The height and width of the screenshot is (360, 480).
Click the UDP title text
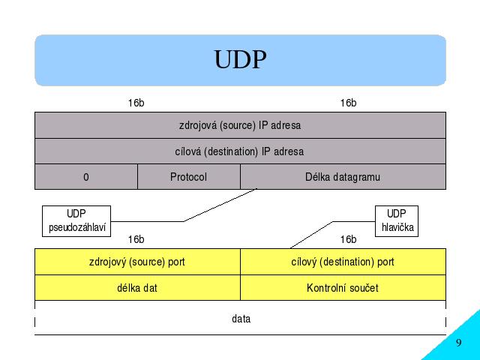click(x=240, y=59)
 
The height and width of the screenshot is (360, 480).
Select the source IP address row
click(x=240, y=125)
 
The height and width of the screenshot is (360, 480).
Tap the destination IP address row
click(x=240, y=151)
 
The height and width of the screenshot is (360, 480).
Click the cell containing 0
click(x=86, y=177)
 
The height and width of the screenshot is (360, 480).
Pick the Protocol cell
click(x=189, y=177)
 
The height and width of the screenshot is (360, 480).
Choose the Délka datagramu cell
click(x=343, y=177)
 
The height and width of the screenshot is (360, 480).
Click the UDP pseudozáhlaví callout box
click(x=76, y=221)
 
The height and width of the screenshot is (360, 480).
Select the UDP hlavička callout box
click(x=397, y=221)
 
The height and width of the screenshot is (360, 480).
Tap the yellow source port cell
click(x=138, y=262)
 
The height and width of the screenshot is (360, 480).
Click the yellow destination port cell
click(x=343, y=262)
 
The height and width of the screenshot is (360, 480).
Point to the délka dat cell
click(x=138, y=288)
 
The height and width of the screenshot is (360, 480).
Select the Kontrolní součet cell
click(x=343, y=288)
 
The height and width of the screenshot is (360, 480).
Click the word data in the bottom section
click(x=241, y=319)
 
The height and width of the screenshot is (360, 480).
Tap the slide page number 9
click(x=458, y=342)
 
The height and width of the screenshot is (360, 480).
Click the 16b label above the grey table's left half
click(x=136, y=103)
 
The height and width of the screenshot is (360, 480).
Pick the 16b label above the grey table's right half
click(x=348, y=103)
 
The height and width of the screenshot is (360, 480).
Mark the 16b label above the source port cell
click(x=136, y=239)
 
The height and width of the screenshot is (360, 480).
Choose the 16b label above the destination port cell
click(x=348, y=239)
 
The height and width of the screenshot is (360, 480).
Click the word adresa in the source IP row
click(x=286, y=125)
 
